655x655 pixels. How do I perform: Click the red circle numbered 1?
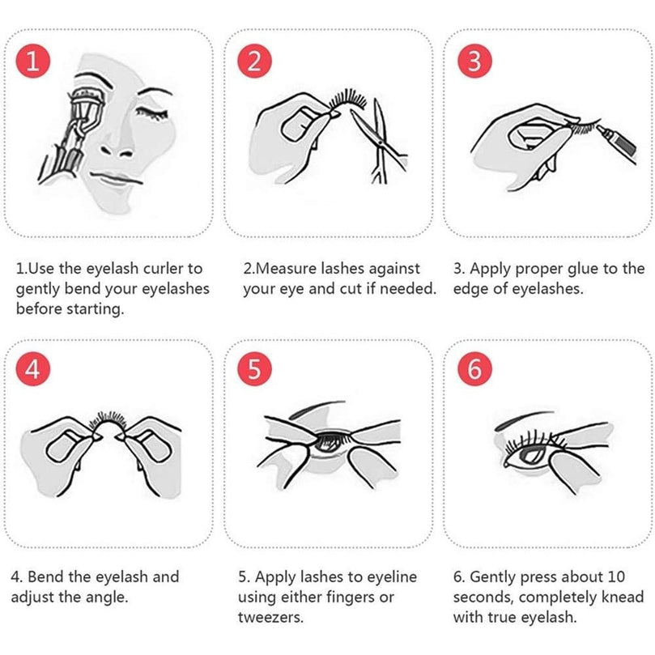coord(33,61)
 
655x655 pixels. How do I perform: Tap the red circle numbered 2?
coord(254,61)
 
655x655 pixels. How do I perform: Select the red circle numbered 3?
coord(474,61)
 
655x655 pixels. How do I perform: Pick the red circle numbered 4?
coord(33,369)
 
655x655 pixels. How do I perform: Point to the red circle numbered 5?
coord(254,369)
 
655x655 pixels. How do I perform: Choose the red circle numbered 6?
coord(474,369)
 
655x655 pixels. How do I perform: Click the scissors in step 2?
coord(379,142)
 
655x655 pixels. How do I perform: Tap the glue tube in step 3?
coord(616,141)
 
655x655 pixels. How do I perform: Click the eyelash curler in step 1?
coord(71,134)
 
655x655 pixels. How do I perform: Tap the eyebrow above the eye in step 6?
coord(525,420)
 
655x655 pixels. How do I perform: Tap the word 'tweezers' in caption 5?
coord(270,617)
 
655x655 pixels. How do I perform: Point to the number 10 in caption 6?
coord(616,577)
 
